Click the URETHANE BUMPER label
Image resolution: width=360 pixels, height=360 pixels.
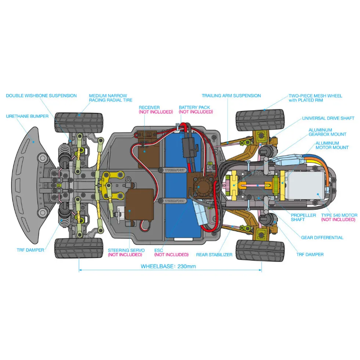click(27, 116)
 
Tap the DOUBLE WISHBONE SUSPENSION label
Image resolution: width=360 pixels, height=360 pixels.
click(42, 95)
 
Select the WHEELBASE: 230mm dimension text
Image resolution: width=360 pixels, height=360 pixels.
click(168, 266)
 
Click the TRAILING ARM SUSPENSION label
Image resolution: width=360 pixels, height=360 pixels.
click(231, 95)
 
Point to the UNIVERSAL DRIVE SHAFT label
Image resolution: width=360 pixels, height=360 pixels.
click(328, 118)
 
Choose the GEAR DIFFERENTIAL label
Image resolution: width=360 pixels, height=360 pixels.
click(322, 238)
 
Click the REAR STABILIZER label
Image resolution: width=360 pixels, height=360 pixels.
click(214, 255)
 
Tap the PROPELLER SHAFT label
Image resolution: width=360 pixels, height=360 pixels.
click(303, 217)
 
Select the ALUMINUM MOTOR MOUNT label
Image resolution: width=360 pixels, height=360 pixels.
click(332, 145)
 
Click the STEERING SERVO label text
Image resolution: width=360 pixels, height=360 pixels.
click(126, 250)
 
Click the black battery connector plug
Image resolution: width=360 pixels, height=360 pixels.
click(190, 146)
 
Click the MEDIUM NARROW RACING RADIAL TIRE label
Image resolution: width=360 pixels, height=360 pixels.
click(111, 98)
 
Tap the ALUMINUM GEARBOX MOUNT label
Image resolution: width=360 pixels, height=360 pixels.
click(327, 132)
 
